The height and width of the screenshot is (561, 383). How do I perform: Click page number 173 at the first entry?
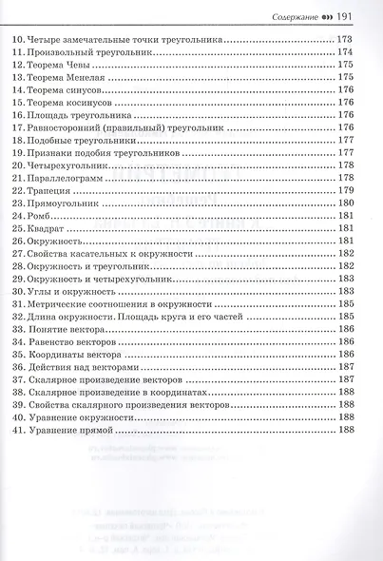345,40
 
